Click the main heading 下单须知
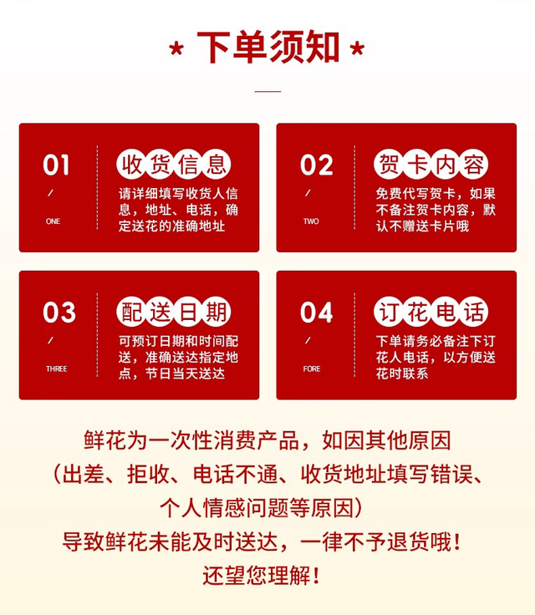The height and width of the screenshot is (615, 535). pyautogui.click(x=268, y=47)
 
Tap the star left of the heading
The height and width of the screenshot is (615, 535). pyautogui.click(x=176, y=49)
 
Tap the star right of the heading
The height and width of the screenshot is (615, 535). pyautogui.click(x=357, y=48)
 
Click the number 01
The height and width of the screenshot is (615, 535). pyautogui.click(x=57, y=165)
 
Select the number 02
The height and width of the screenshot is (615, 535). pyautogui.click(x=317, y=165)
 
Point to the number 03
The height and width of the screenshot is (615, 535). pyautogui.click(x=59, y=313)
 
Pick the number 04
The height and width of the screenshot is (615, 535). pyautogui.click(x=317, y=313)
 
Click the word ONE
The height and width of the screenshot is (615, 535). pyautogui.click(x=53, y=221)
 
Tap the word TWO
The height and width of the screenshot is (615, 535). pyautogui.click(x=311, y=221)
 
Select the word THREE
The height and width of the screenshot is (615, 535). pyautogui.click(x=57, y=368)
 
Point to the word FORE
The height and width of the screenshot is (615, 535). pyautogui.click(x=312, y=368)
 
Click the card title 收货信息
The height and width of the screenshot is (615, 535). pyautogui.click(x=174, y=165)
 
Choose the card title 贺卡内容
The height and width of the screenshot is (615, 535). pyautogui.click(x=431, y=165)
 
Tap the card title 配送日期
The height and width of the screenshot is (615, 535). pyautogui.click(x=174, y=312)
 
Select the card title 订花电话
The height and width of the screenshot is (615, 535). pyautogui.click(x=431, y=312)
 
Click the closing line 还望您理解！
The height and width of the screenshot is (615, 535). pyautogui.click(x=262, y=576)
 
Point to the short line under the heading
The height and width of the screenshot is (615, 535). pyautogui.click(x=267, y=91)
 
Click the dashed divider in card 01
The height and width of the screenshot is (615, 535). pyautogui.click(x=97, y=187)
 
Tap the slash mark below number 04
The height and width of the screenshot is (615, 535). pyautogui.click(x=308, y=340)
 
